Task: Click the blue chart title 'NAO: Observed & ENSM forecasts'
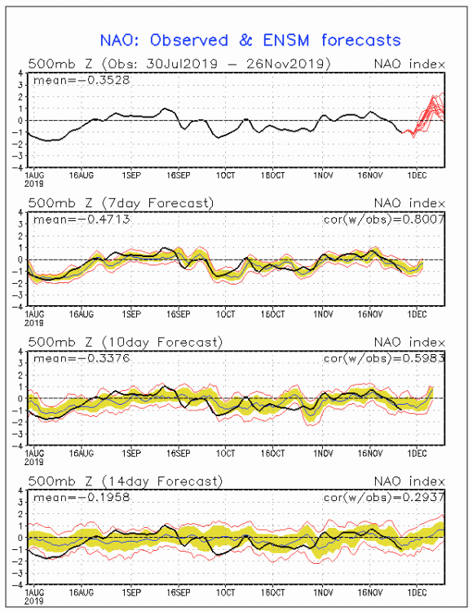coord(250,40)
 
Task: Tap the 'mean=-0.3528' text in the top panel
coord(82,81)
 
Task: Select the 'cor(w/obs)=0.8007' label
coord(384,220)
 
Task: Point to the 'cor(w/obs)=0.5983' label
coord(384,358)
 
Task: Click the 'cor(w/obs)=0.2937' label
coord(384,497)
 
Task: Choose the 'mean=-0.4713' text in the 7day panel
coord(82,220)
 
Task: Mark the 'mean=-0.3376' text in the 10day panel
coord(82,358)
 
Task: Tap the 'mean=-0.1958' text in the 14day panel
coord(82,497)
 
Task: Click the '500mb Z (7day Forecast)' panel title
coord(121,203)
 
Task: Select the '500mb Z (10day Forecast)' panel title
coord(125,342)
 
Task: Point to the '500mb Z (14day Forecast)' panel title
coord(125,481)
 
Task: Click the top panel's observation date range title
coord(179,64)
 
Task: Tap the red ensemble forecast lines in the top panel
coord(427,114)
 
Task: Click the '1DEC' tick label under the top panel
coord(417,175)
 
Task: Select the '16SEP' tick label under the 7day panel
coord(179,315)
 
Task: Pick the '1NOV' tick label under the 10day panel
coord(323,454)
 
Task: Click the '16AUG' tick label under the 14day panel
coord(82,592)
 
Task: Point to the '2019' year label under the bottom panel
coord(34,601)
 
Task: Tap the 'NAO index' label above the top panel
coord(409,64)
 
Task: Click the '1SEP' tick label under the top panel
coord(131,175)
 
